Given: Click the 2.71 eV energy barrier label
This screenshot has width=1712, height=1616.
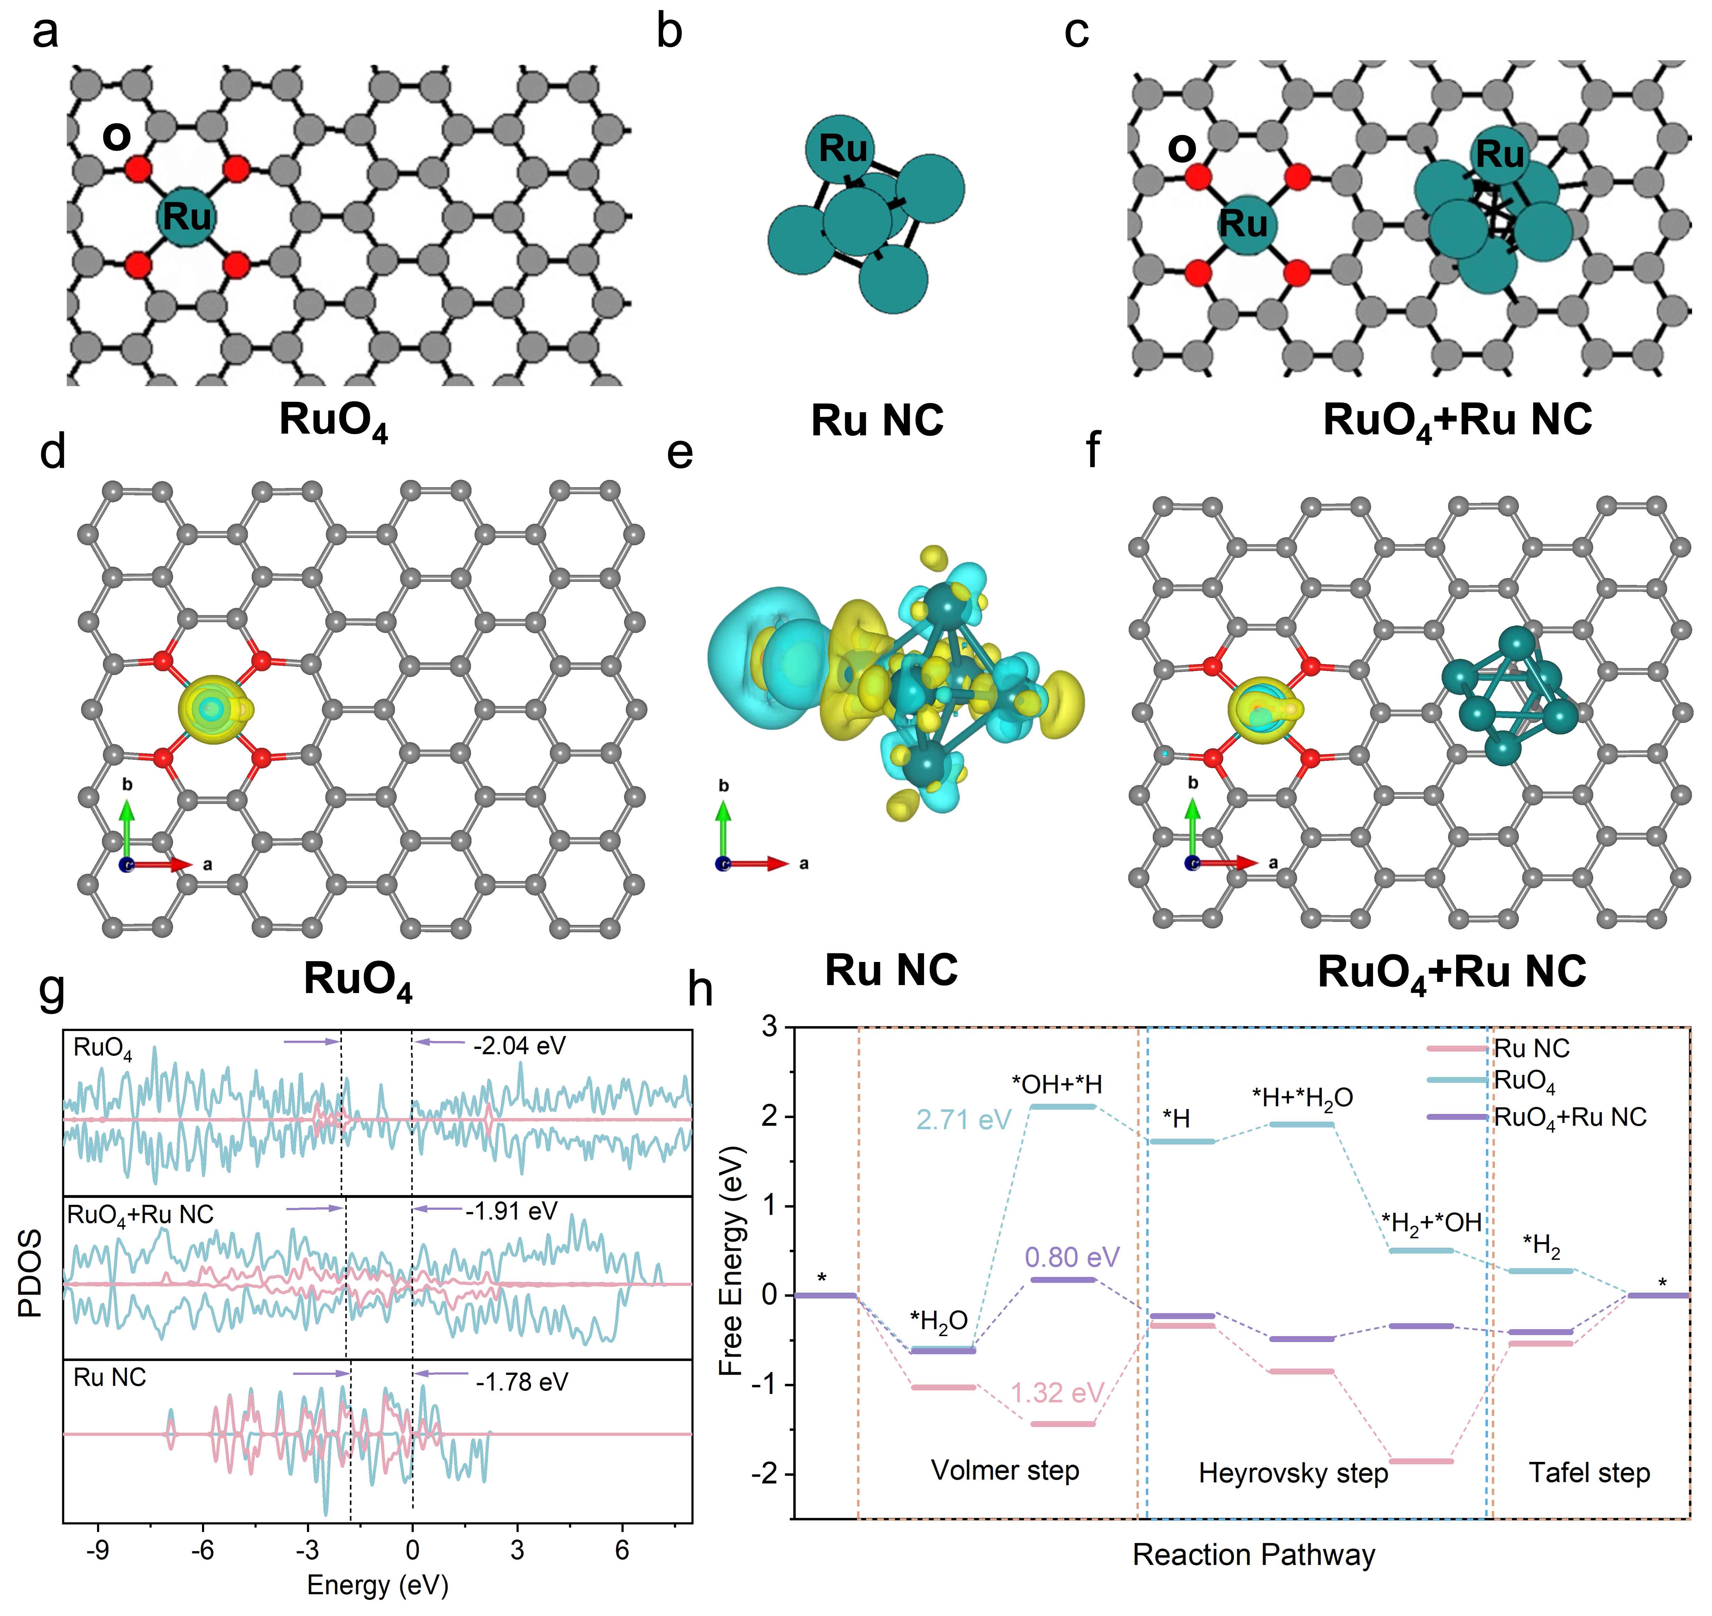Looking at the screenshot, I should [x=963, y=1120].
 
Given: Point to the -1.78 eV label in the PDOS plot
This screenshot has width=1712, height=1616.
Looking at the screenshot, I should [x=522, y=1382].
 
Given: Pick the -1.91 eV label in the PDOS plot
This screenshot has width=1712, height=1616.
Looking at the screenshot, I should [x=511, y=1211].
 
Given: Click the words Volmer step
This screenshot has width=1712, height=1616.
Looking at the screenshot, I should [x=1004, y=1469].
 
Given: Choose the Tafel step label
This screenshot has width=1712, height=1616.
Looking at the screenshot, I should [x=1589, y=1472].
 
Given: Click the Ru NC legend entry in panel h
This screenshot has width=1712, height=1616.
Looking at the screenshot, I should [x=1531, y=1048].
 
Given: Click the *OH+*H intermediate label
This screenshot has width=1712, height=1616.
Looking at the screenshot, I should [x=1056, y=1085].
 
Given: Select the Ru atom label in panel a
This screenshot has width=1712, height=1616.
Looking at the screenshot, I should [x=187, y=215].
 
